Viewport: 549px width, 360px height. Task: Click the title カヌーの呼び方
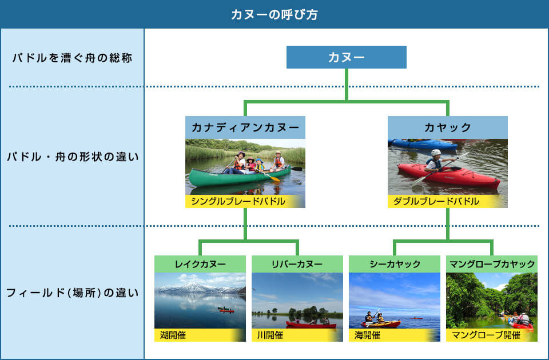(274, 15)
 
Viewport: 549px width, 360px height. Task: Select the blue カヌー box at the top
(347, 57)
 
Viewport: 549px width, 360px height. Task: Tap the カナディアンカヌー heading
(245, 127)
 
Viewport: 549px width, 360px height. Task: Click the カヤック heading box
(447, 127)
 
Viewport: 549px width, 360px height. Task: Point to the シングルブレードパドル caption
(238, 202)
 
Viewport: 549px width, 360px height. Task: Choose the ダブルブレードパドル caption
(436, 202)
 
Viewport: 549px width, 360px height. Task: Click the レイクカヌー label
(200, 264)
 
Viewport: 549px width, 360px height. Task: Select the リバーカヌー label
(297, 264)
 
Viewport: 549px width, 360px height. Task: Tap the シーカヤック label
(395, 264)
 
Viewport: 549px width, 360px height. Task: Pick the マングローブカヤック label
(492, 264)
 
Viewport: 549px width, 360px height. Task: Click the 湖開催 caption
(173, 335)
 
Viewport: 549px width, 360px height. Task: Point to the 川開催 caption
(270, 335)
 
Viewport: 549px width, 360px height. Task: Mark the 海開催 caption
(367, 335)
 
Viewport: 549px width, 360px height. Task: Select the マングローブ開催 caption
(486, 335)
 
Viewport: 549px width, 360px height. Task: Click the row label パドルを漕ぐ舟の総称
(72, 58)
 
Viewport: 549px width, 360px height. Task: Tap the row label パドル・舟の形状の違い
(73, 157)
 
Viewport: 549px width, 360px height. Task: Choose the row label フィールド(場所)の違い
(73, 293)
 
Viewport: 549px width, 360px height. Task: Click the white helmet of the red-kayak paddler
(436, 153)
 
